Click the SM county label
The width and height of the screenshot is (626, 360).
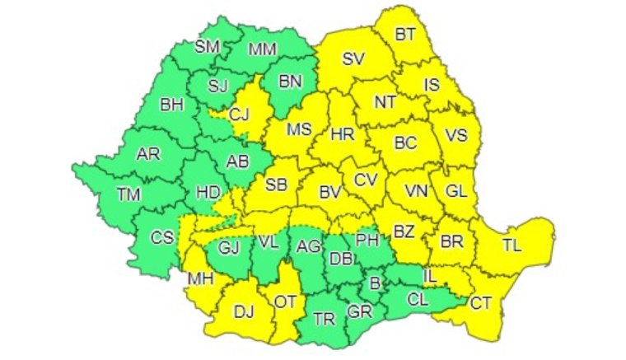pos(206,46)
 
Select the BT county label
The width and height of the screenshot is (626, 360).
pos(405,35)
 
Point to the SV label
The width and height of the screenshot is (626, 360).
pos(353,58)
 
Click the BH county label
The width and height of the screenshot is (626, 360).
pos(171,105)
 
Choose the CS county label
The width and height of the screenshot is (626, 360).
pos(161,236)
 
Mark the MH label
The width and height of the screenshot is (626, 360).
pos(199,278)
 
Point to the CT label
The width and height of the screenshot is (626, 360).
pos(481,303)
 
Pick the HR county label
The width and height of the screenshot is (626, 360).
pos(341,133)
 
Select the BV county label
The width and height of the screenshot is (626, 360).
pos(330,193)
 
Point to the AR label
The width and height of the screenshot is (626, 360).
pos(148,154)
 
